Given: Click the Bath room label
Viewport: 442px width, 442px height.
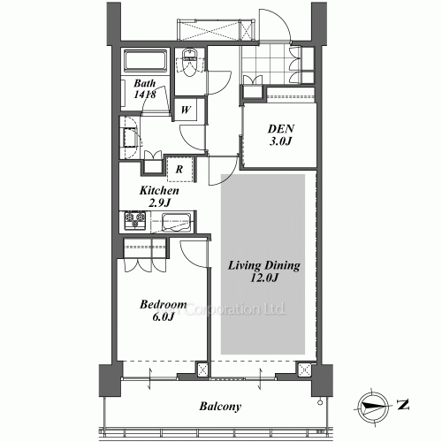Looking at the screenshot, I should pyautogui.click(x=144, y=86).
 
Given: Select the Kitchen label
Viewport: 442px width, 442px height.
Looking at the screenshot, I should pyautogui.click(x=159, y=190).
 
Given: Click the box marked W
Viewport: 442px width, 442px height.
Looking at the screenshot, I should pyautogui.click(x=187, y=110).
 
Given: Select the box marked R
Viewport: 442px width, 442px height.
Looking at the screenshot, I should pyautogui.click(x=179, y=168).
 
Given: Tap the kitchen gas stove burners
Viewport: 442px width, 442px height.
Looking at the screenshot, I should pyautogui.click(x=136, y=219).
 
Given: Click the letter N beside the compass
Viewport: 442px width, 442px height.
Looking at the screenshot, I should pyautogui.click(x=403, y=406).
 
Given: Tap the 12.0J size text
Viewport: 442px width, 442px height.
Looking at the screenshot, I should pyautogui.click(x=265, y=278).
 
